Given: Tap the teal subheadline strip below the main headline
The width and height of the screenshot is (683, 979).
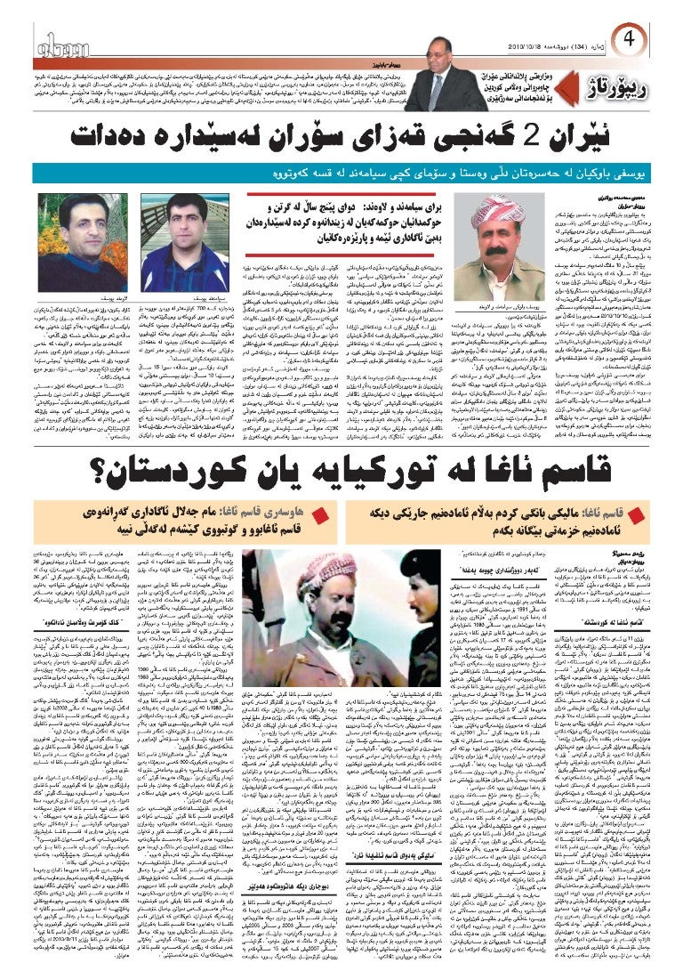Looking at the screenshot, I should click(x=341, y=174).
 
